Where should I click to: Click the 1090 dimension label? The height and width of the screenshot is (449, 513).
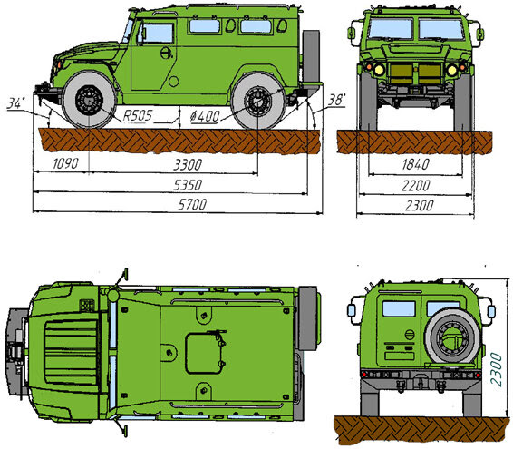(x=65, y=163)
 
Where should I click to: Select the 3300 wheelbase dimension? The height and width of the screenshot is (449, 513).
(x=188, y=164)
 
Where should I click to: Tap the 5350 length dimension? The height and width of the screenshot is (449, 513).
(x=188, y=185)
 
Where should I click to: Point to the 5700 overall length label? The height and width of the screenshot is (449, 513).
(x=192, y=205)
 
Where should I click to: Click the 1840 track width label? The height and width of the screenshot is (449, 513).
(x=415, y=164)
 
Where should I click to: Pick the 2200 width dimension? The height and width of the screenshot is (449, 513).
(x=415, y=186)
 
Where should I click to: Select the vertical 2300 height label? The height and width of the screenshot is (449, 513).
(x=496, y=369)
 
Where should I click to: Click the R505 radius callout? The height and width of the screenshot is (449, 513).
(x=138, y=115)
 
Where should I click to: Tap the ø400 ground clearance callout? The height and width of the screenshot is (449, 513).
(x=205, y=116)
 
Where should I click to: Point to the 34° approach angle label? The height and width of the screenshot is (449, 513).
(x=15, y=103)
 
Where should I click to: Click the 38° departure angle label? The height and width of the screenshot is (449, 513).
(x=336, y=100)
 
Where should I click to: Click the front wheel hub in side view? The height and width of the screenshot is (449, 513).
(x=89, y=100)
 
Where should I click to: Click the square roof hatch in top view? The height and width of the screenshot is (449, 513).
(x=205, y=353)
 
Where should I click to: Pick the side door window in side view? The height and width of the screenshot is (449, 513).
(x=158, y=33)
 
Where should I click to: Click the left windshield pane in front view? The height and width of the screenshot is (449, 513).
(x=391, y=29)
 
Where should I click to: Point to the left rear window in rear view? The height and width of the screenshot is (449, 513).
(x=399, y=308)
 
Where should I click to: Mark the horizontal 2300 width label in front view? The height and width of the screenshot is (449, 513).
(x=419, y=206)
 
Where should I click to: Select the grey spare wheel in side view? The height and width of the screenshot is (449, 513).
(x=311, y=56)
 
